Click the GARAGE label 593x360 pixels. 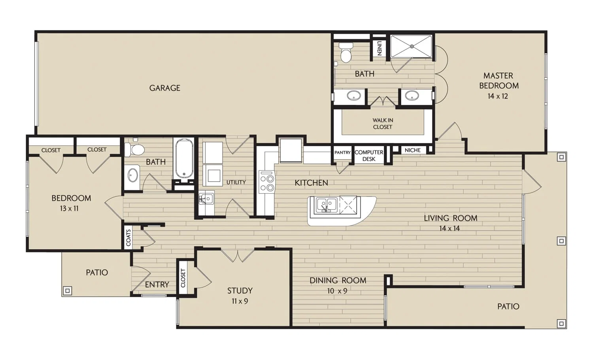point(165,88)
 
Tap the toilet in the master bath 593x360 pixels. point(346,53)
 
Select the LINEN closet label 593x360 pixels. point(379,48)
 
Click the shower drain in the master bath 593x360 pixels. point(412,46)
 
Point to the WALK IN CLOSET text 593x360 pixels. point(383,124)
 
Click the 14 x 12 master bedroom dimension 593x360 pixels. point(498,96)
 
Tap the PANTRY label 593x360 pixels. point(343,153)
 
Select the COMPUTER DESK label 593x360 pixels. point(369,156)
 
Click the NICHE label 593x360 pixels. point(413,150)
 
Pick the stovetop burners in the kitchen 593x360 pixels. point(267,183)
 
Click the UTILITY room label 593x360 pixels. point(236,182)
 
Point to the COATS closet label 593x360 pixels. point(128,238)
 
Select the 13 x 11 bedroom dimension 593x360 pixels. point(69,209)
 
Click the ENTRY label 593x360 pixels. point(157,285)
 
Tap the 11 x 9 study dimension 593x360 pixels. point(240,301)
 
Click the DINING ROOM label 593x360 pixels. point(338,280)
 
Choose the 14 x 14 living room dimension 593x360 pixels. point(449,228)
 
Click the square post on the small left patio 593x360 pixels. point(68,291)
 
